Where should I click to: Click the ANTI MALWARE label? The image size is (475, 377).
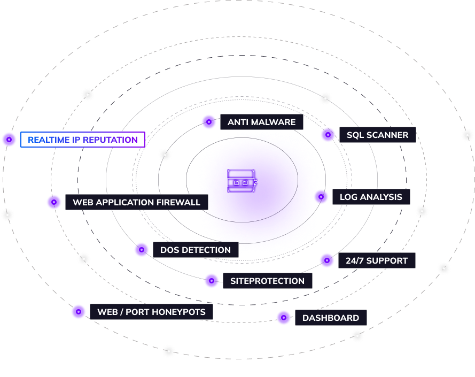tap(262, 122)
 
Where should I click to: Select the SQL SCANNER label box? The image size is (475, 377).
tap(377, 135)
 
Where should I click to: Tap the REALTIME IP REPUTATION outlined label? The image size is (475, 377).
tap(83, 140)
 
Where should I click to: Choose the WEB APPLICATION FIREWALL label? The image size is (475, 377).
tap(137, 202)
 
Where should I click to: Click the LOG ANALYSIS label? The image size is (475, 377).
tap(371, 197)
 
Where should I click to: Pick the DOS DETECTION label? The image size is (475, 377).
tap(196, 250)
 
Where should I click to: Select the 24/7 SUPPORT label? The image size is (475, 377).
tap(377, 260)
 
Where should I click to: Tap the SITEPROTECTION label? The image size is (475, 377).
tap(268, 281)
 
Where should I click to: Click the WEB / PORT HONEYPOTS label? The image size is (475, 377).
tap(151, 311)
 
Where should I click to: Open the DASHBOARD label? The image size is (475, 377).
tap(331, 318)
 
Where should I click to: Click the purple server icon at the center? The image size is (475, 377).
tap(242, 181)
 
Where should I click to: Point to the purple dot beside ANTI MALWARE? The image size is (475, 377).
tap(209, 122)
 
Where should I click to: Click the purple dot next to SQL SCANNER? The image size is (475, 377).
tap(328, 134)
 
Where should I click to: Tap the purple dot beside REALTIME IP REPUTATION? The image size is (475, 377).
tap(9, 140)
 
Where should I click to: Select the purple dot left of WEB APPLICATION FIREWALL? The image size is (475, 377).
tap(53, 202)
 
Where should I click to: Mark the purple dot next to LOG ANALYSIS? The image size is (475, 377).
tap(321, 197)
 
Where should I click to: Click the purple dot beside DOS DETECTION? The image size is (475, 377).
tap(142, 250)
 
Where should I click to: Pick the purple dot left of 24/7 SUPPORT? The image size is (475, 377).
tap(327, 260)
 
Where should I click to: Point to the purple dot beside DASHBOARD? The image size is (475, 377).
tap(284, 318)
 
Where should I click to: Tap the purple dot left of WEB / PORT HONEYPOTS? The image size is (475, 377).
tap(79, 311)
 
